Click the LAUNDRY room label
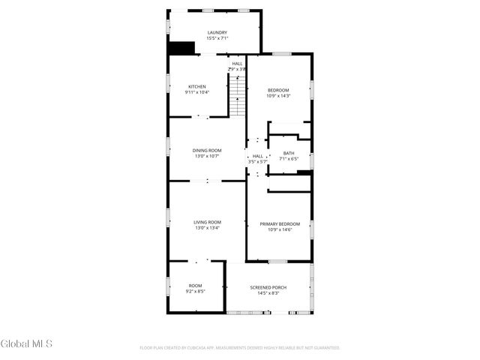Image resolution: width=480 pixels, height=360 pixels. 217,32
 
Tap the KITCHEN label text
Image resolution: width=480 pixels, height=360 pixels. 196,86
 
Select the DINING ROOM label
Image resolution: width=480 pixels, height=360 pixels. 207,150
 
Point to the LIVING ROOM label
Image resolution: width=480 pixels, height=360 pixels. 207,222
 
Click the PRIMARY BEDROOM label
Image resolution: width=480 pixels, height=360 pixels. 280,223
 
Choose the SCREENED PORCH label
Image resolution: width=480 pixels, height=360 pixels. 268,287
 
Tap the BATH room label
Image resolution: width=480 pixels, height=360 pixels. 289,153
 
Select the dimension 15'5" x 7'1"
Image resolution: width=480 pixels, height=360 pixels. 217,38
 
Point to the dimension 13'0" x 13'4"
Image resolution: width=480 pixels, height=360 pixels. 207,228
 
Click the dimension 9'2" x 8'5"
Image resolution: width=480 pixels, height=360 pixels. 196,291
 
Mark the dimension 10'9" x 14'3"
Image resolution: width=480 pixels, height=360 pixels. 278,96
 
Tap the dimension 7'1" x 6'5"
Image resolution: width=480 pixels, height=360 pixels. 289,159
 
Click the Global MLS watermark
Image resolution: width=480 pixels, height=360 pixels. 26,344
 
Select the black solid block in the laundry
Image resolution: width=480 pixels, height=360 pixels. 181,47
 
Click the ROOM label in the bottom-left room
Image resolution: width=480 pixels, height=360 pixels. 196,285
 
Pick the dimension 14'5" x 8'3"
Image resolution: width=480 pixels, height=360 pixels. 268,293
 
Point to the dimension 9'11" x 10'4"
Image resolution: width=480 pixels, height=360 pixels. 196,92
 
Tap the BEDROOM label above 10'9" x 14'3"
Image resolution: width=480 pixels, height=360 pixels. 278,90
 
